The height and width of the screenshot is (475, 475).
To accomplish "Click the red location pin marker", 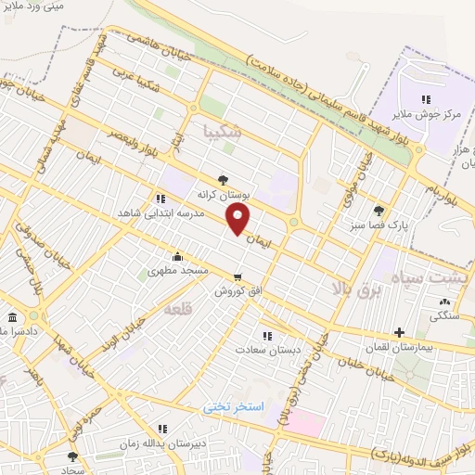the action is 238,219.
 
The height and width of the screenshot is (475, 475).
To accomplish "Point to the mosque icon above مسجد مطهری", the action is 177,257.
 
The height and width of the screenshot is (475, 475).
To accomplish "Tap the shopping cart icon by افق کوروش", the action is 238,276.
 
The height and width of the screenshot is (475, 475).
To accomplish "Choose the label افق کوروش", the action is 236,291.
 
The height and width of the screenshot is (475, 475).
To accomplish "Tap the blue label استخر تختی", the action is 235,407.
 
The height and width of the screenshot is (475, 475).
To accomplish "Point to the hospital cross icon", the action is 399,332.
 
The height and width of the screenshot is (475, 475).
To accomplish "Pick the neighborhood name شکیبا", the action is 223,133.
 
